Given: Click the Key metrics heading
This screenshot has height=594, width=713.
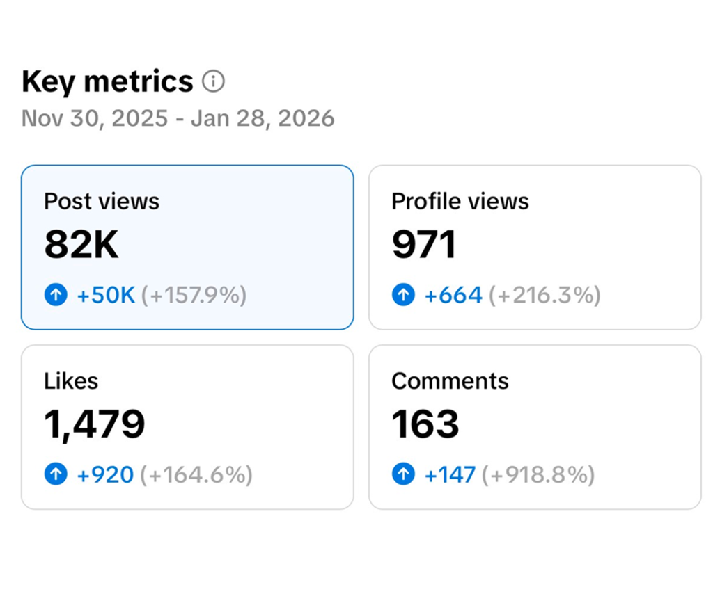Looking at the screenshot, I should (107, 82).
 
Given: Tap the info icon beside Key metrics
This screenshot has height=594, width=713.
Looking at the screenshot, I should (213, 81).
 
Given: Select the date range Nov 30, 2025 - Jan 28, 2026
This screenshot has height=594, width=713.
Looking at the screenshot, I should (178, 118).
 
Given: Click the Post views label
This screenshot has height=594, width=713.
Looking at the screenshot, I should (102, 202).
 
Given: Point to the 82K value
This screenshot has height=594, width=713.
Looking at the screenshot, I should (81, 245).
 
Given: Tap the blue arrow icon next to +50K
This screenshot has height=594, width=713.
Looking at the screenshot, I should (56, 296).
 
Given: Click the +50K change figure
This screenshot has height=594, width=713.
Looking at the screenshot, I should (106, 296).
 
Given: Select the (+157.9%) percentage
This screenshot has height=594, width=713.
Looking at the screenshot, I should (194, 296).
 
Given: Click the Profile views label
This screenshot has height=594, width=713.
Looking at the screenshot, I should (460, 202).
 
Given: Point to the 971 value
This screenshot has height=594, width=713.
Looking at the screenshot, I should (423, 245).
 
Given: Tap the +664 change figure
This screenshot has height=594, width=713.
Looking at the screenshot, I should (453, 296).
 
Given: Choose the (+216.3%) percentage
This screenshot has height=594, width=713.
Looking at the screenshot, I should (544, 296).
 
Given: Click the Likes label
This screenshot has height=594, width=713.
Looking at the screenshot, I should (71, 381).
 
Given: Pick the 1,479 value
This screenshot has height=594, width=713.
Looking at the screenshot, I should (95, 424).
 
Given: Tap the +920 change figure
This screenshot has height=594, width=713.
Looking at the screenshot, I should (105, 475).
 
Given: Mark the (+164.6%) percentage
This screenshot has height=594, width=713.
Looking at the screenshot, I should (196, 475).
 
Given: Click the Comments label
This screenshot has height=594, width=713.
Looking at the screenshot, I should (450, 381).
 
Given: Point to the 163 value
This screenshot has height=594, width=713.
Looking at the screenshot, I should (425, 424).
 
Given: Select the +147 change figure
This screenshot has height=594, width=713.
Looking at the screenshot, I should (450, 475).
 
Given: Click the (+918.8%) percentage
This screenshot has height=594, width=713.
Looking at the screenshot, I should (542, 475).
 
